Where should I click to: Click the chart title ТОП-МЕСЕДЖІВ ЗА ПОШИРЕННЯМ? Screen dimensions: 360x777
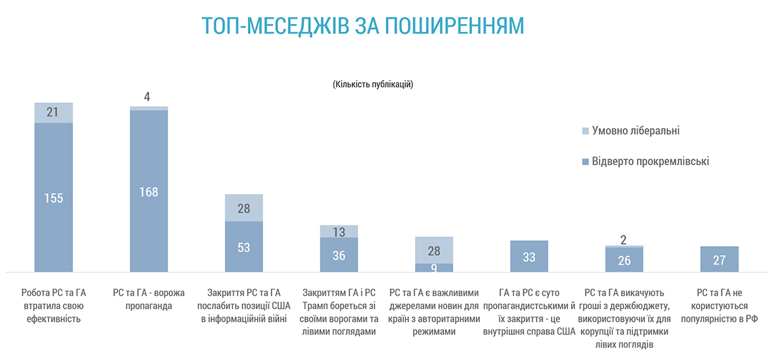click(x=362, y=25)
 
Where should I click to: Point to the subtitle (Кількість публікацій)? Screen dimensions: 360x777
click(x=373, y=84)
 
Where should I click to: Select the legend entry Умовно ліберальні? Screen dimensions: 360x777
click(x=635, y=131)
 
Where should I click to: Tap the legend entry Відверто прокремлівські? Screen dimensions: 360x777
click(x=650, y=161)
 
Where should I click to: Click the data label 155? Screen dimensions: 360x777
click(x=54, y=198)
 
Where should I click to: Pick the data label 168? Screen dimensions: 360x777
click(x=149, y=192)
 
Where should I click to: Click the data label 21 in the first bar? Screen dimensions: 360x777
click(x=54, y=113)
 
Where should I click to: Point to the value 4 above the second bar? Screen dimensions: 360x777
click(x=147, y=97)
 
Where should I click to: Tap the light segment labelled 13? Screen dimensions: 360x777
click(x=339, y=232)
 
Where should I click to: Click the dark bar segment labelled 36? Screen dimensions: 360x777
click(x=339, y=255)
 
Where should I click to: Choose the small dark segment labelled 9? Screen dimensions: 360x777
click(x=434, y=267)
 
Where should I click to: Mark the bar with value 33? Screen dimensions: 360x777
click(x=529, y=256)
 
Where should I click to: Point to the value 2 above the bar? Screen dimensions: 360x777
click(x=624, y=240)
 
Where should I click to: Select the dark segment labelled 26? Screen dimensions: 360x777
click(x=624, y=260)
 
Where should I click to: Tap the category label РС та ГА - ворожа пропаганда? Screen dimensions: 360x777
click(x=149, y=300)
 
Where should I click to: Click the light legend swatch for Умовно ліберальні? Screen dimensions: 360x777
click(x=586, y=131)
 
